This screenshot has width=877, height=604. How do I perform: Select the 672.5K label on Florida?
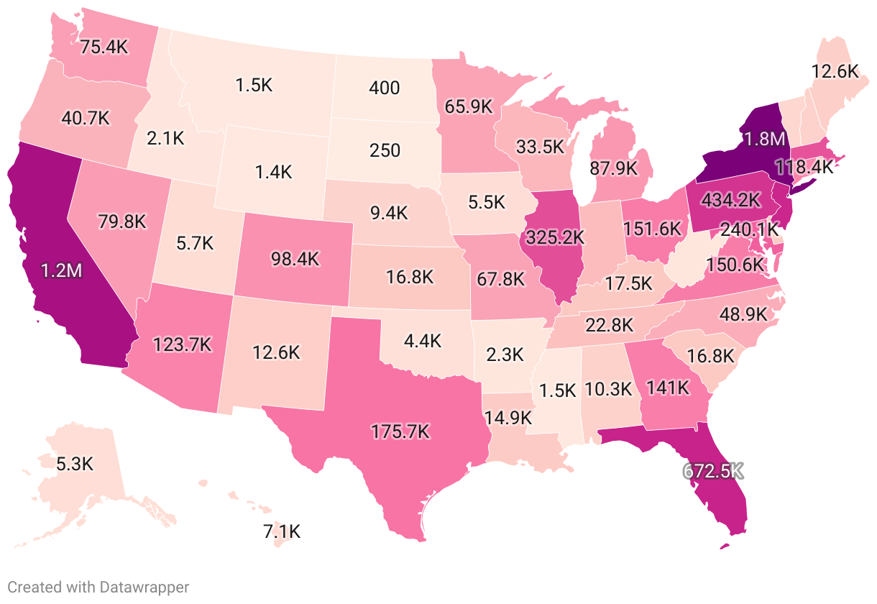click(x=712, y=472)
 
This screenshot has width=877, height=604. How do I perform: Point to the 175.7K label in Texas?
click(x=400, y=431)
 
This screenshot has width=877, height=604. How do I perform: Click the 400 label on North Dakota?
click(x=384, y=88)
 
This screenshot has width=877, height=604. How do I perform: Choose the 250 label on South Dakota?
click(x=384, y=151)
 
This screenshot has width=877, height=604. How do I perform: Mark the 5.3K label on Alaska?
click(x=75, y=463)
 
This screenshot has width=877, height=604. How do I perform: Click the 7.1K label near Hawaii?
click(x=282, y=532)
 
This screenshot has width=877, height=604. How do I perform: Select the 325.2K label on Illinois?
click(x=555, y=236)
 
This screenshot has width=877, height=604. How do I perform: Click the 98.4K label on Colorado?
click(x=295, y=259)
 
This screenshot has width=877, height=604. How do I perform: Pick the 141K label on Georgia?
click(x=668, y=388)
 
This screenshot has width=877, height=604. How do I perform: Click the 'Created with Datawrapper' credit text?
click(x=98, y=587)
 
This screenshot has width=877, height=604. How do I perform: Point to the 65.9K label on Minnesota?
click(x=469, y=106)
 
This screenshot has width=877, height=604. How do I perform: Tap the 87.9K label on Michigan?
click(x=613, y=168)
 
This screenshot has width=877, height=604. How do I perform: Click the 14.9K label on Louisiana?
click(x=508, y=417)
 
